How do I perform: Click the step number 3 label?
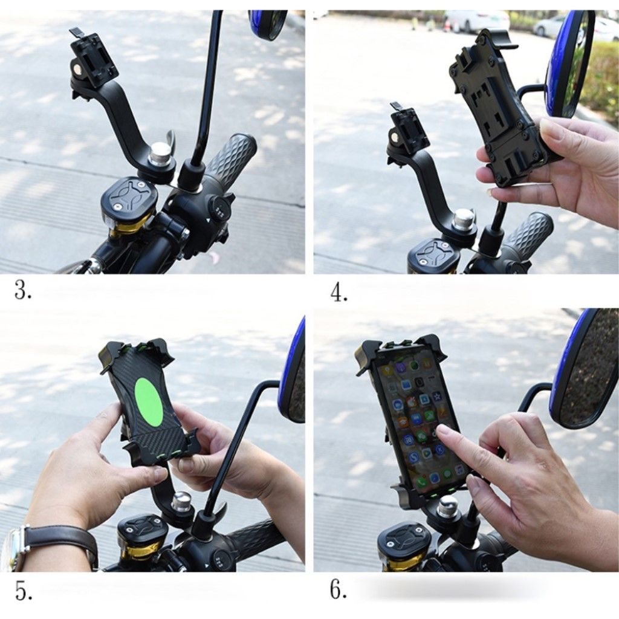(23, 291)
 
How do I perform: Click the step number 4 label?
(339, 293)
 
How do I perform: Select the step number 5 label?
(24, 591)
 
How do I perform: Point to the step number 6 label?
(339, 591)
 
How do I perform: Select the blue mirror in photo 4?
(568, 63)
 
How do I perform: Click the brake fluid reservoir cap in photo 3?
(128, 195)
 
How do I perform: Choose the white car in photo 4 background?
(474, 21)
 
